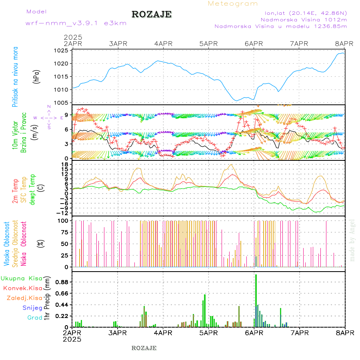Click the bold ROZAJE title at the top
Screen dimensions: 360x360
tap(152, 14)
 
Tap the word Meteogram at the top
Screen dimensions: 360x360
tap(233, 4)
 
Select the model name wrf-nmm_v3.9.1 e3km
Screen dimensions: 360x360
tap(76, 23)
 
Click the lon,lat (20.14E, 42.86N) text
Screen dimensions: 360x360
tap(303, 13)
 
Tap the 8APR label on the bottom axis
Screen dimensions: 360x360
tap(345, 333)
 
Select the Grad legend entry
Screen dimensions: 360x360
tap(34, 318)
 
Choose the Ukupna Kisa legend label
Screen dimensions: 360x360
tap(22, 278)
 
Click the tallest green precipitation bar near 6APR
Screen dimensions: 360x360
tap(256, 300)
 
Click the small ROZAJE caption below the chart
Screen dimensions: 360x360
tap(144, 348)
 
